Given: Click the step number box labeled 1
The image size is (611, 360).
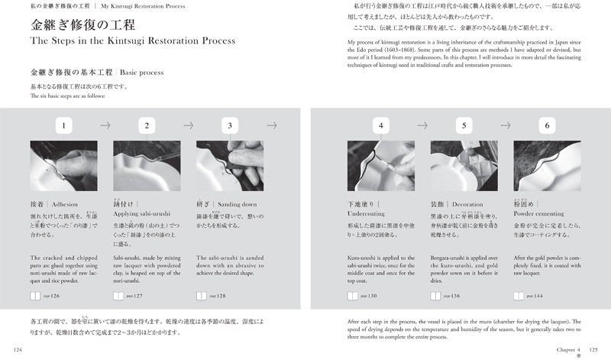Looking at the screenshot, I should point(66,125).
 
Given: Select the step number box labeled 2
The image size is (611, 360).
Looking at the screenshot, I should point(147,125).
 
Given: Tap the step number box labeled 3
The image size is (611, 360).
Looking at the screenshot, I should point(230,125).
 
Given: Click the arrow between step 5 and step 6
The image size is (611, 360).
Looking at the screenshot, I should point(505,125).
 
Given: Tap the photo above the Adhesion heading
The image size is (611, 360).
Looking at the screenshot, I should point(66,165).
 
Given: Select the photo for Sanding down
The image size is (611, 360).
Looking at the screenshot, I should point(230,165).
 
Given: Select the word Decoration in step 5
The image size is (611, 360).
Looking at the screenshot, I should point(468,205).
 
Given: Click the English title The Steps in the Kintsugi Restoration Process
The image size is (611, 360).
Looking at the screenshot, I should point(132,41).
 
